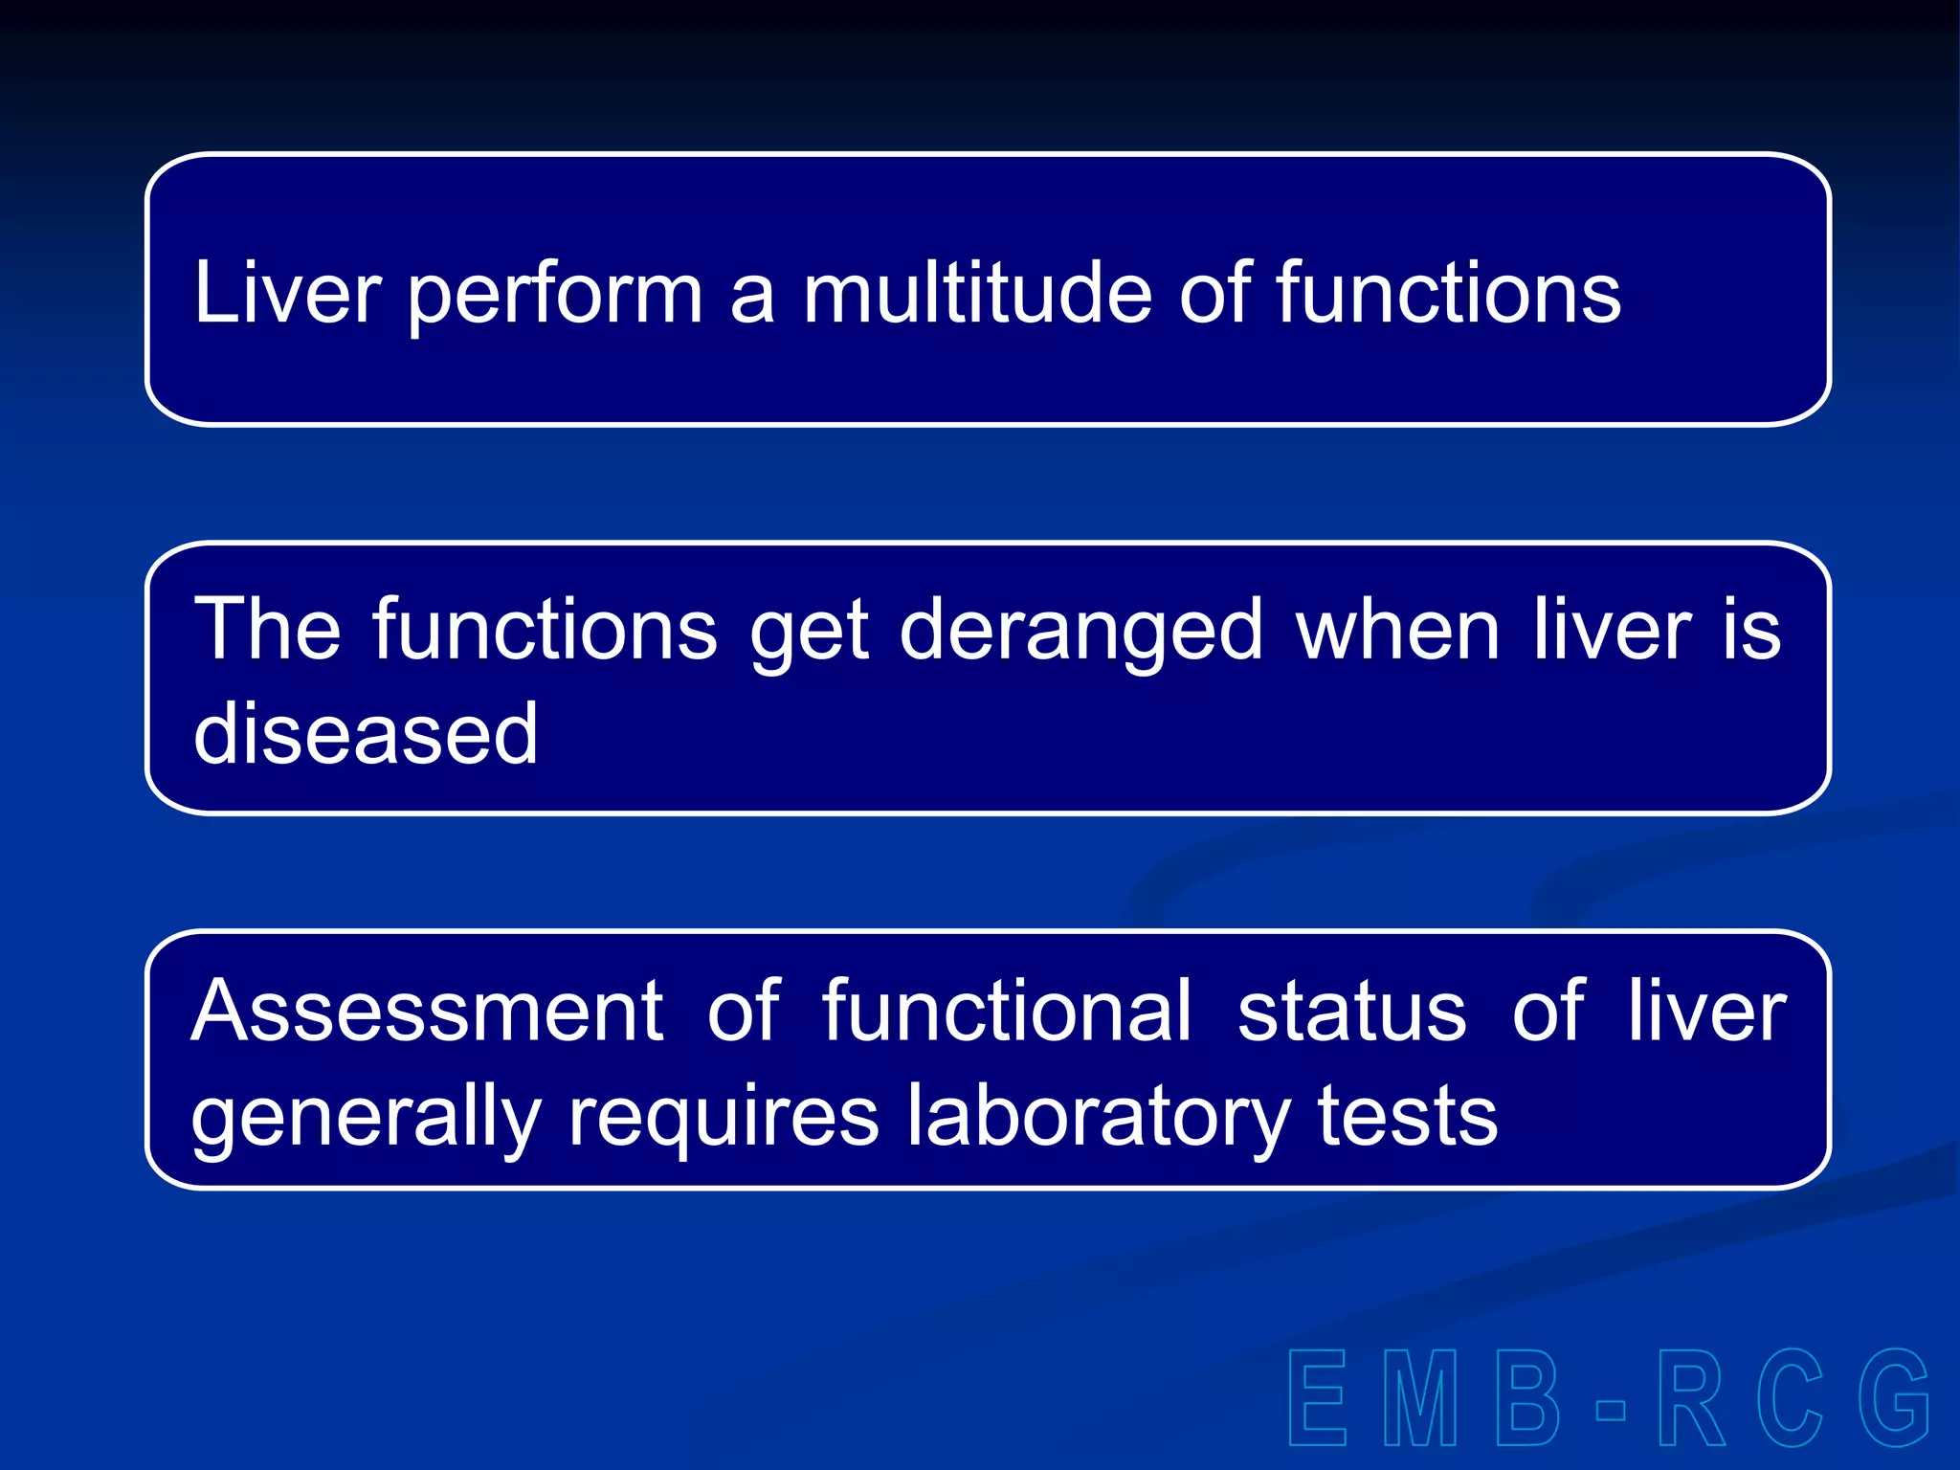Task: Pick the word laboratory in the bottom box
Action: click(x=1098, y=1118)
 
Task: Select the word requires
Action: click(x=724, y=1118)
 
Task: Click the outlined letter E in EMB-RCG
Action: click(x=1319, y=1398)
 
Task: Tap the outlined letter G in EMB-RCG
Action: click(x=1893, y=1398)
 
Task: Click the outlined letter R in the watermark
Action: click(x=1691, y=1398)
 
